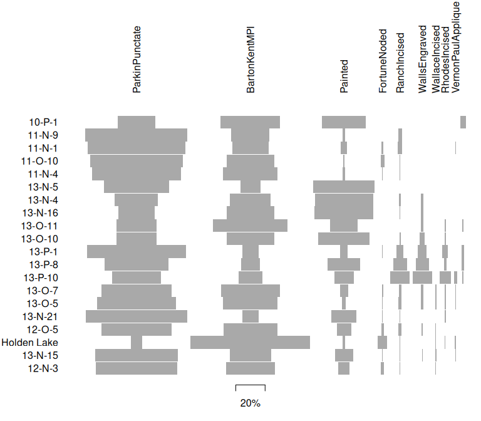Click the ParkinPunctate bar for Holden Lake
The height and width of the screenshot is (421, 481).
click(x=137, y=343)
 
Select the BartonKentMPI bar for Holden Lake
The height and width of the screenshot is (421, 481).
click(x=250, y=343)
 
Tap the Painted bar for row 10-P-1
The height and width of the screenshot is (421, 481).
click(x=344, y=122)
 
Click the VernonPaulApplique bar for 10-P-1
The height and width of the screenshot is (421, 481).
click(x=463, y=122)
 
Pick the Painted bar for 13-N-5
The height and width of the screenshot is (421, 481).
click(x=344, y=187)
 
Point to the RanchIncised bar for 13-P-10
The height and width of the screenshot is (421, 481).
click(x=400, y=277)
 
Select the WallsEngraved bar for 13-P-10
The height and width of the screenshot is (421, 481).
click(x=422, y=277)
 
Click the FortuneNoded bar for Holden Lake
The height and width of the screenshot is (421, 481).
click(x=382, y=343)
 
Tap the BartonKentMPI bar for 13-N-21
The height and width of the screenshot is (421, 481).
click(x=251, y=316)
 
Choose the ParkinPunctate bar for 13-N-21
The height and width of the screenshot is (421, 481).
click(x=137, y=316)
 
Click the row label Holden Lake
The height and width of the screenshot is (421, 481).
click(x=29, y=343)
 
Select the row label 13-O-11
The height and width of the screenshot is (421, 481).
click(x=39, y=226)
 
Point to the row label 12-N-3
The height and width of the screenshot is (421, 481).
click(x=43, y=368)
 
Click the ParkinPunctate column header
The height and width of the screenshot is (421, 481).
click(x=137, y=60)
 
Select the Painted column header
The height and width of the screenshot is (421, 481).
click(x=344, y=77)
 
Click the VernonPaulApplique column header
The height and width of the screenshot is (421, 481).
click(x=455, y=47)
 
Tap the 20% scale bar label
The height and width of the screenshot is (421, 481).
click(x=250, y=403)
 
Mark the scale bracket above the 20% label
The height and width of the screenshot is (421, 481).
click(x=250, y=386)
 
